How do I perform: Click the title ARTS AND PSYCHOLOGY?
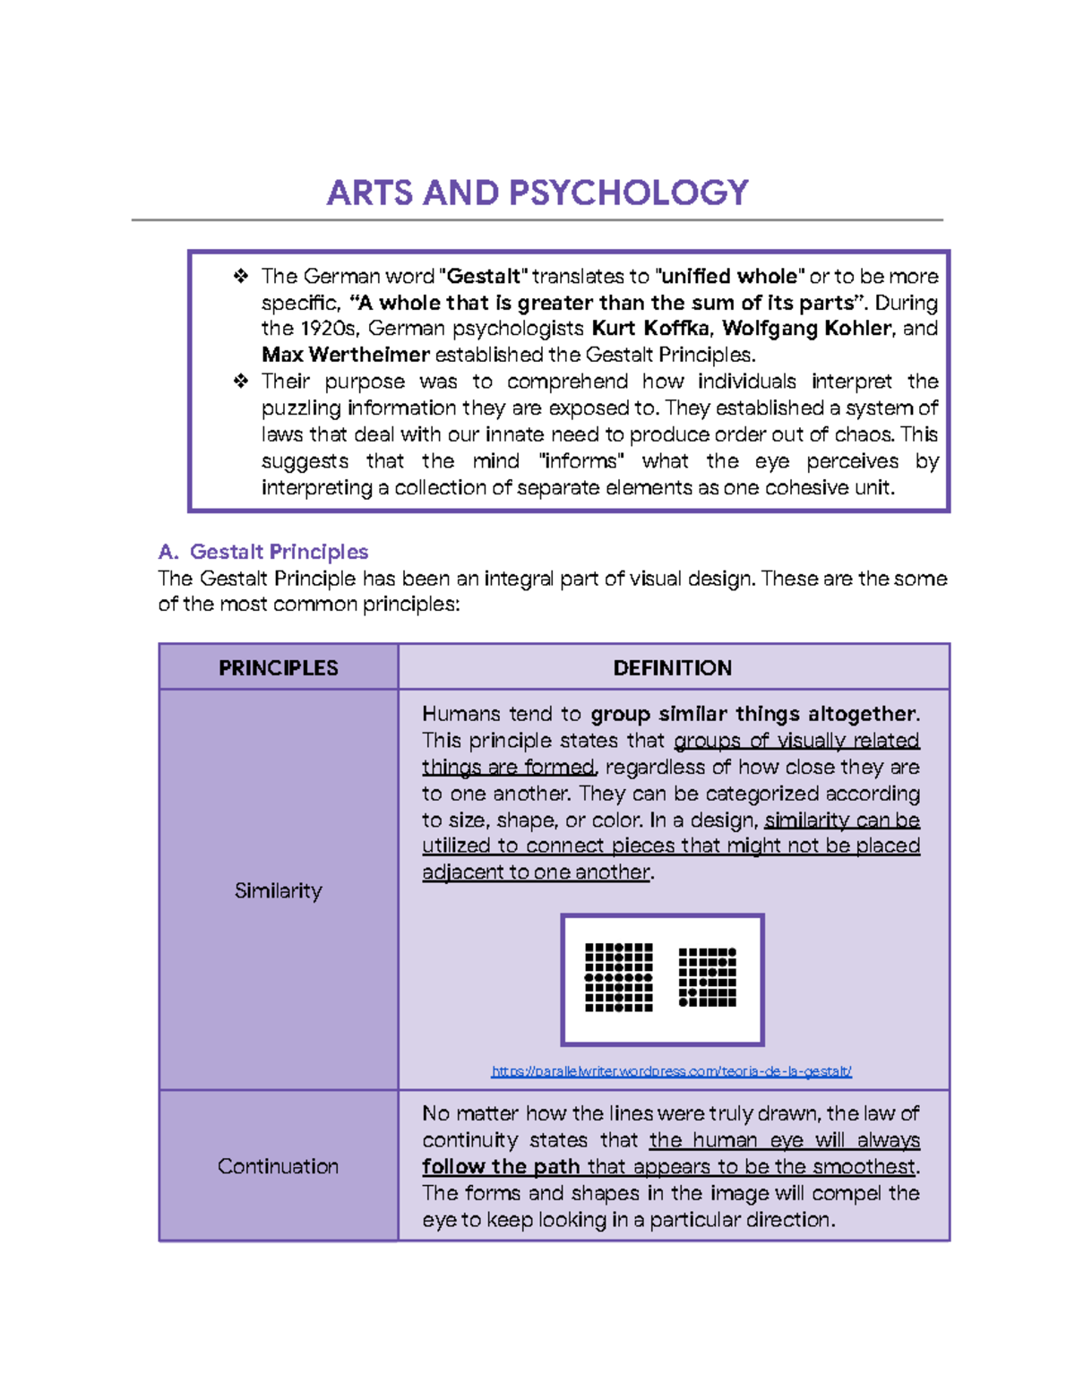[x=537, y=193]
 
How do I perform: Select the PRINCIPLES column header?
[x=279, y=668]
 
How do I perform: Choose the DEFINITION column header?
[x=672, y=668]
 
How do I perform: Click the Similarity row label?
[x=278, y=891]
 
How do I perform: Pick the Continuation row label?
[x=278, y=1166]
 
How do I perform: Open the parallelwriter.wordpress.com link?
[x=671, y=1071]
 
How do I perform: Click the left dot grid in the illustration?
[x=619, y=977]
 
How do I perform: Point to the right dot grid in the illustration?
[x=708, y=977]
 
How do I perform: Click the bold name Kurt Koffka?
[x=651, y=329]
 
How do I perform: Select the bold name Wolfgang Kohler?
[x=807, y=329]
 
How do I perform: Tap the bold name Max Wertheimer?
[x=346, y=355]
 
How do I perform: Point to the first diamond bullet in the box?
[x=240, y=276]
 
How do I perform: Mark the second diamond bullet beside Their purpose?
[x=240, y=382]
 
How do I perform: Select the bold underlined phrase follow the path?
[x=502, y=1166]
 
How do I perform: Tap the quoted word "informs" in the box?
[x=582, y=461]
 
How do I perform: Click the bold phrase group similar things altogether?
[x=753, y=714]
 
